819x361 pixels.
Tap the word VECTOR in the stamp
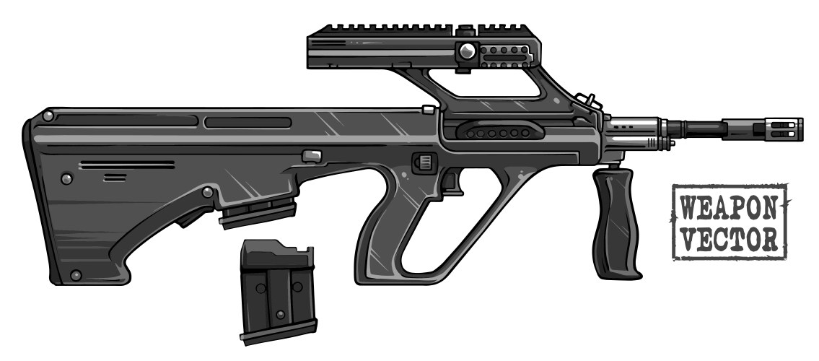tap(729, 239)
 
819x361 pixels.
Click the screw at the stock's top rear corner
tap(48, 115)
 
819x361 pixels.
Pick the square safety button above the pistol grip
tap(424, 162)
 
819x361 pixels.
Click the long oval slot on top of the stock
tap(248, 123)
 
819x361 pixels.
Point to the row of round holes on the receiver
tap(495, 134)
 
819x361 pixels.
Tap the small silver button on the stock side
tap(310, 156)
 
